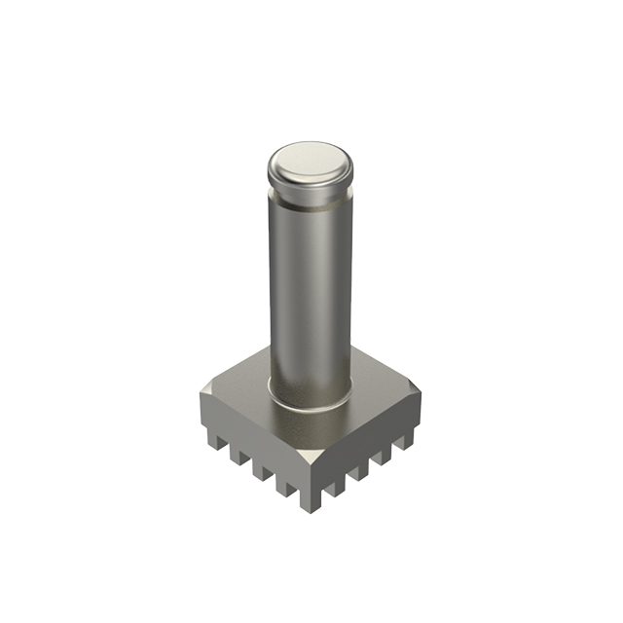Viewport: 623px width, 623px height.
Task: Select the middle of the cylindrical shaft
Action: click(310, 292)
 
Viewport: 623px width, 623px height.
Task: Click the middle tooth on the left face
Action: click(260, 466)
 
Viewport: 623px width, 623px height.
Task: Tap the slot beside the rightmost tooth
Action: click(401, 443)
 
